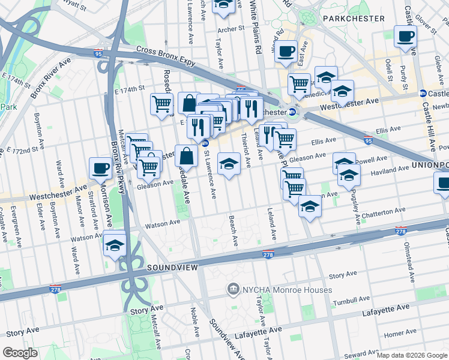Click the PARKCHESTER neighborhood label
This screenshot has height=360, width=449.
(x=354, y=19)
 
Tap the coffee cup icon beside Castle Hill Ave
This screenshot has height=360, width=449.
(x=405, y=36)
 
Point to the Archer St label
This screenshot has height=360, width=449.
(x=231, y=29)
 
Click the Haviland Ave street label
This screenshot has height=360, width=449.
(x=391, y=171)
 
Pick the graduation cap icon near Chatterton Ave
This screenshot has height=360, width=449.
(x=310, y=206)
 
